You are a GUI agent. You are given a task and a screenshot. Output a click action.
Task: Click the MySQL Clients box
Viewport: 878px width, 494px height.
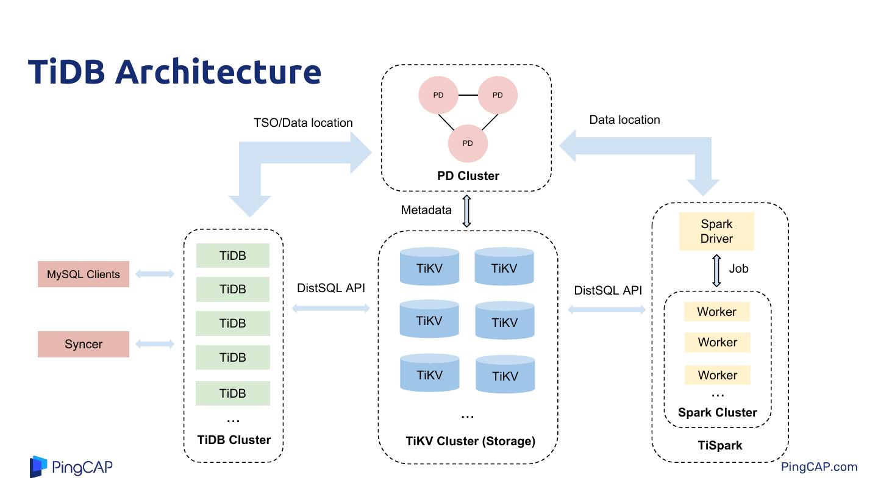tap(84, 274)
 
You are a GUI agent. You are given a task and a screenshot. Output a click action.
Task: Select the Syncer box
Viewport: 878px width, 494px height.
tap(84, 344)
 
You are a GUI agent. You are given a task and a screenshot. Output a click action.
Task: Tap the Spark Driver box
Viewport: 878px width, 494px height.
tap(716, 232)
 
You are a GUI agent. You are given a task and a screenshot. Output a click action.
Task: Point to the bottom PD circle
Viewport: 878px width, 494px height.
tap(468, 143)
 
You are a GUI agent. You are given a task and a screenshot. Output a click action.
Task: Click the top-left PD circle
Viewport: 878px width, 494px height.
tap(438, 95)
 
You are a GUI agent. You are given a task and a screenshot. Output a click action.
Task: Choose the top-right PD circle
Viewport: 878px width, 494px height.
tap(498, 95)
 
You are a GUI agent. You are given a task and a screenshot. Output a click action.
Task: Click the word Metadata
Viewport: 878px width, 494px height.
tap(426, 210)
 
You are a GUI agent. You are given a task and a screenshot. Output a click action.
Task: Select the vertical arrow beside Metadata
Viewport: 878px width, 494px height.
tap(467, 211)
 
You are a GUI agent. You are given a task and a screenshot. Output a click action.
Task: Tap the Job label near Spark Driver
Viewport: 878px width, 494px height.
tap(738, 268)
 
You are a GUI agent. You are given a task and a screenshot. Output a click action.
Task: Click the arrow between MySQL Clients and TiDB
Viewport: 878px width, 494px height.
tap(155, 274)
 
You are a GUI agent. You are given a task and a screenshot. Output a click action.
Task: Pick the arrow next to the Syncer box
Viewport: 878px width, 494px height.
tap(155, 344)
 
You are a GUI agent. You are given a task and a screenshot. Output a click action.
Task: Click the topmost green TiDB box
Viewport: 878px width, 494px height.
tap(233, 256)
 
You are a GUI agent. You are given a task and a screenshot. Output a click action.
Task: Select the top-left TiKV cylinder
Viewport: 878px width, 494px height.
tap(429, 267)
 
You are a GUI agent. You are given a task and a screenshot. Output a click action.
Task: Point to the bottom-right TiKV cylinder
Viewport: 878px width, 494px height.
tap(505, 375)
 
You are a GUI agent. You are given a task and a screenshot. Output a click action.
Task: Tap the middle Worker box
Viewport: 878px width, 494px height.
tap(717, 342)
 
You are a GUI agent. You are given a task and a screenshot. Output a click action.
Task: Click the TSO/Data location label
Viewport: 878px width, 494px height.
tap(303, 123)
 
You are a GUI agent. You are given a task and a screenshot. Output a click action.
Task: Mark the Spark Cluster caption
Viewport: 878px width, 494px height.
tap(717, 412)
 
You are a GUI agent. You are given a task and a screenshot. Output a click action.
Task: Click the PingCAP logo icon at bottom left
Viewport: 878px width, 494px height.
tap(38, 467)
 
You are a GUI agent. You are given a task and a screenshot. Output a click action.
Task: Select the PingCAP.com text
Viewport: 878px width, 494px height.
tap(819, 467)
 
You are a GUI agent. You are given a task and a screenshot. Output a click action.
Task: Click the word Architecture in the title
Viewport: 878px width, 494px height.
tap(218, 71)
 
